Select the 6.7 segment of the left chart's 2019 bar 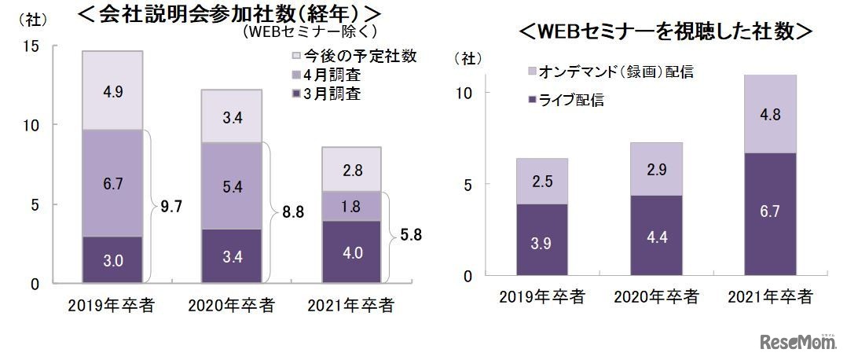click(112, 183)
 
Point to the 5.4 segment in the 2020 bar click(231, 186)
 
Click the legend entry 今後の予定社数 click(352, 56)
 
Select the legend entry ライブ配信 click(566, 100)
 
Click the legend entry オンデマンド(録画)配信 click(608, 72)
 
